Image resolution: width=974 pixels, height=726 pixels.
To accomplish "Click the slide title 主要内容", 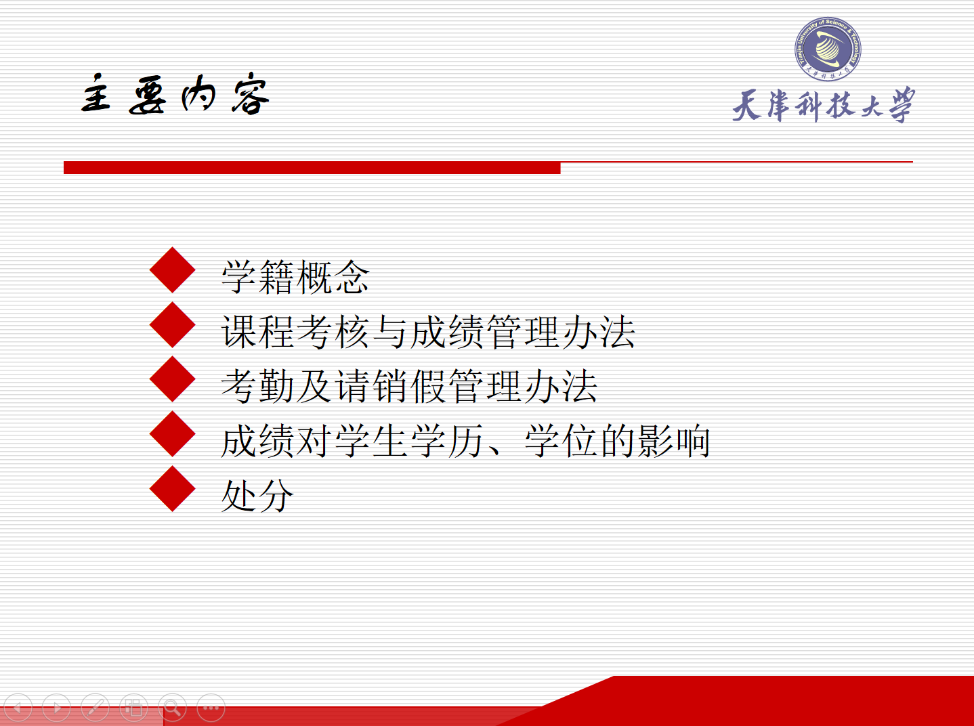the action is pyautogui.click(x=175, y=94).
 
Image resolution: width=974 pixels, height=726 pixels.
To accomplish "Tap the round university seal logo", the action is pyautogui.click(x=828, y=49).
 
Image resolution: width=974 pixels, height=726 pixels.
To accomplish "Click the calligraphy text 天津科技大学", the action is pyautogui.click(x=824, y=105).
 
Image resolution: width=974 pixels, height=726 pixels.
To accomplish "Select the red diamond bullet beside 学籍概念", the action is pyautogui.click(x=173, y=270).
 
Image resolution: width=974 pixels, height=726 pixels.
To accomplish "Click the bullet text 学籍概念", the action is pyautogui.click(x=295, y=277).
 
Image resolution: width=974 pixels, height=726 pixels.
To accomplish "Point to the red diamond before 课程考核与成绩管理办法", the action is pyautogui.click(x=173, y=324).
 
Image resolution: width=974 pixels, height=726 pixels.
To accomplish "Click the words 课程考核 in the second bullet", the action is pyautogui.click(x=295, y=332).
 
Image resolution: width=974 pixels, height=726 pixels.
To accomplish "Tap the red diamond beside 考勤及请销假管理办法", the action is pyautogui.click(x=173, y=379).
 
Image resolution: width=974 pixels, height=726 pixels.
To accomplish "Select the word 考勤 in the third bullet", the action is pyautogui.click(x=257, y=386).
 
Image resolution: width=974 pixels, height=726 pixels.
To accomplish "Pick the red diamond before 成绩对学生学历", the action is pyautogui.click(x=173, y=434).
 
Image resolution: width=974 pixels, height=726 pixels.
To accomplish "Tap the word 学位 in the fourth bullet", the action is pyautogui.click(x=561, y=441).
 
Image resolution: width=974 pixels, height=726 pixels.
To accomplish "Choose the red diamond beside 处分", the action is pyautogui.click(x=173, y=489).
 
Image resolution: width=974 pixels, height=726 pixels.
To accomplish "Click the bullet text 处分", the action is pyautogui.click(x=257, y=496).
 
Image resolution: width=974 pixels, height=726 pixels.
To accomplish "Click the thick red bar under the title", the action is pyautogui.click(x=312, y=168).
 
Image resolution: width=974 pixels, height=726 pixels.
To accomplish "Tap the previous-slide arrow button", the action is pyautogui.click(x=18, y=708).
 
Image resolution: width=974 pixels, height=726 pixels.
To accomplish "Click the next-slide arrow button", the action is pyautogui.click(x=56, y=708).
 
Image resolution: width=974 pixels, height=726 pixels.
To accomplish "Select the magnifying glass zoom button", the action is pyautogui.click(x=172, y=708).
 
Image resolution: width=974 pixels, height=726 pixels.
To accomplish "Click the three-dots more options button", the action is pyautogui.click(x=211, y=708).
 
